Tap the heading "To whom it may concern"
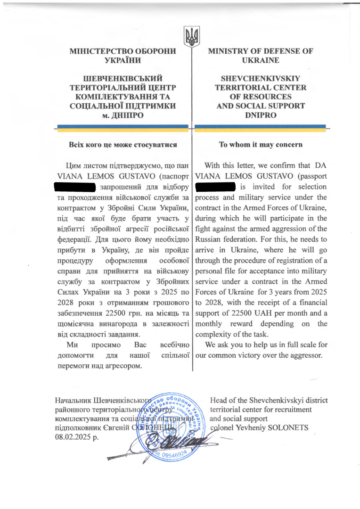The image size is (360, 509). click(261, 144)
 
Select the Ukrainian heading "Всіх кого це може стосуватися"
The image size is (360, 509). click(123, 145)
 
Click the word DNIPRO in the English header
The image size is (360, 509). click(261, 115)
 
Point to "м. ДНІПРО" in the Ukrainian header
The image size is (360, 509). click(123, 115)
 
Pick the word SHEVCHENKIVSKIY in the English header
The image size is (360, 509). click(261, 79)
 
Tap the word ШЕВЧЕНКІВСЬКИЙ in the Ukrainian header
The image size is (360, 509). click(123, 79)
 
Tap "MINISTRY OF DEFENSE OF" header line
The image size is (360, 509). click(261, 51)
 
